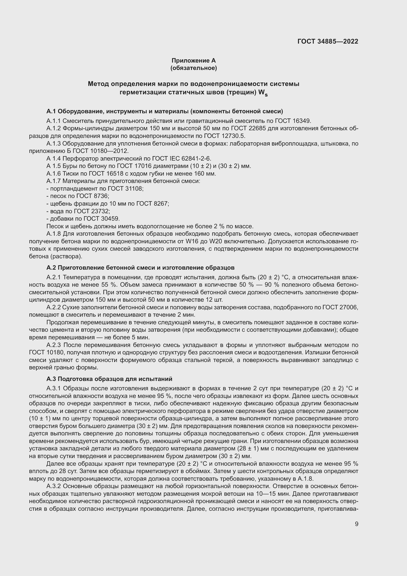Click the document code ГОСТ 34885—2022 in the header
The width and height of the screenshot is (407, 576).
[328, 41]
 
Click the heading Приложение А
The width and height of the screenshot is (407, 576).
[193, 61]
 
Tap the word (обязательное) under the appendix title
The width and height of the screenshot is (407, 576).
[193, 68]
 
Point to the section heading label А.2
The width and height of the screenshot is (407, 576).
[51, 268]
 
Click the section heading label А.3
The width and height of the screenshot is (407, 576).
[51, 379]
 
